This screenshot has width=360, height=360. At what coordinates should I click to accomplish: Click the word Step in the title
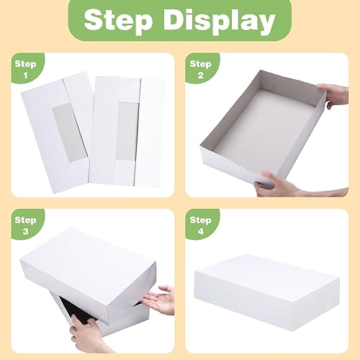tap(126, 21)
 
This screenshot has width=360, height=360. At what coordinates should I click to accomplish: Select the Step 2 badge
tap(200, 69)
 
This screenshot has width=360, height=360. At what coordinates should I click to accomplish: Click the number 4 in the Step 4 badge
tap(200, 233)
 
